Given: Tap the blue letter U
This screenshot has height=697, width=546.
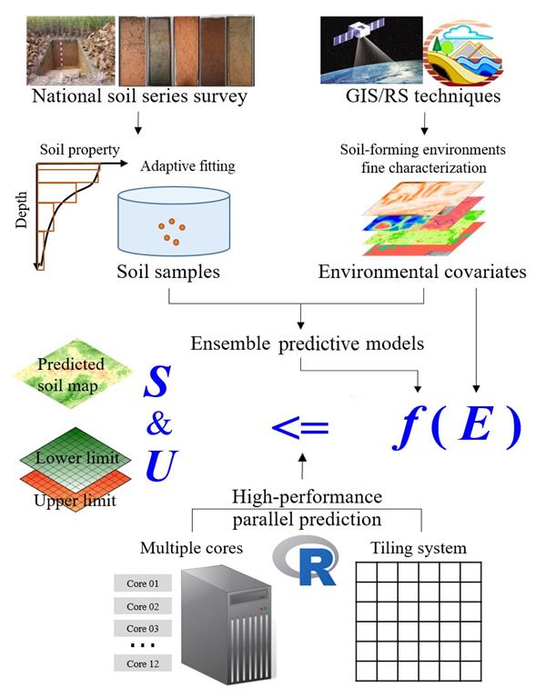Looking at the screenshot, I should [x=162, y=466].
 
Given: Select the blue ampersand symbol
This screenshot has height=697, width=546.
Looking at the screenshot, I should [x=159, y=424].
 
